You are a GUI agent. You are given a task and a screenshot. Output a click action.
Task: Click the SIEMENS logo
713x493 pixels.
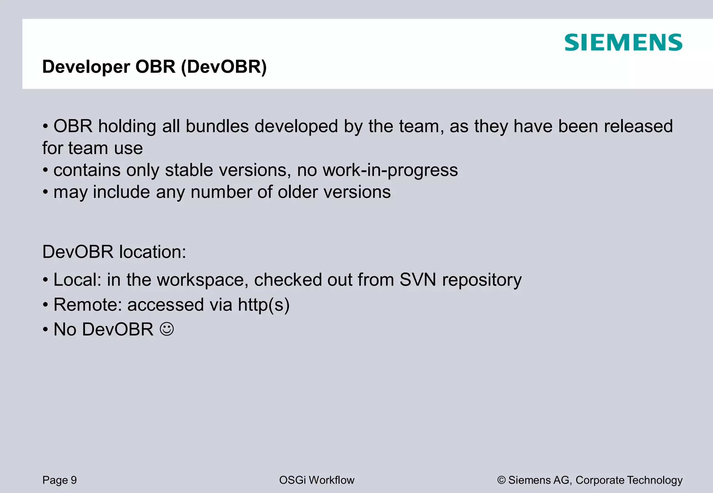(623, 43)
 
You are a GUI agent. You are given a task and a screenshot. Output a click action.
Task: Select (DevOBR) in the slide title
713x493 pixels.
(224, 67)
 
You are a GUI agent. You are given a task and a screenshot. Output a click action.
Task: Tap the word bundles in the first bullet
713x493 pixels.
(217, 126)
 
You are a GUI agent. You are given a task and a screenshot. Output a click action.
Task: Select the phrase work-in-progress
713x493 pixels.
(390, 170)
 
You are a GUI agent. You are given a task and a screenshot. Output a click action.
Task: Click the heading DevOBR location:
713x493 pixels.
(114, 252)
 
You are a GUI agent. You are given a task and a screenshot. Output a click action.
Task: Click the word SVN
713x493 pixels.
(417, 280)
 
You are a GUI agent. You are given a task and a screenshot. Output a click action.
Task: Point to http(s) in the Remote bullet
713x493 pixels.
(264, 305)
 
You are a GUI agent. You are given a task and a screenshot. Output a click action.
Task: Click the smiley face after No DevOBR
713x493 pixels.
(167, 329)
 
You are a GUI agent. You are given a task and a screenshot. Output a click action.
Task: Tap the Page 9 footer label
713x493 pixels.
(60, 480)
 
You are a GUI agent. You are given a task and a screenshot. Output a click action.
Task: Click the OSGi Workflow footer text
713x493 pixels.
(316, 480)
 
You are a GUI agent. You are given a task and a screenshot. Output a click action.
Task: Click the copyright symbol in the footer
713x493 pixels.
(501, 480)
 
